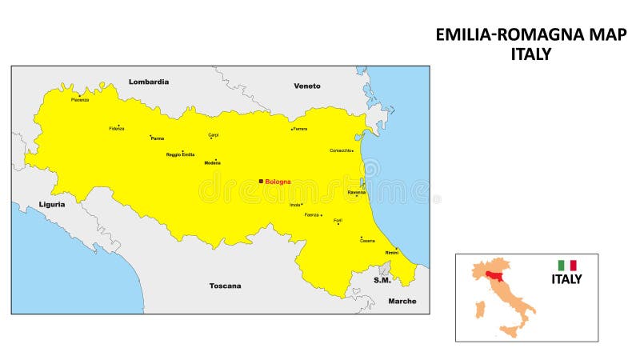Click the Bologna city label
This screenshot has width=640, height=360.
pos(278,182)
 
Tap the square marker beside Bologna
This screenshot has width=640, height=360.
pos(261,182)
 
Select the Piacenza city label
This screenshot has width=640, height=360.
pos(80,100)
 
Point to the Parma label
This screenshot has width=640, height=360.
pos(157,138)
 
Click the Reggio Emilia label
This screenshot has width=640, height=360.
pos(180,154)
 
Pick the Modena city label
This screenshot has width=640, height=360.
pos(212,163)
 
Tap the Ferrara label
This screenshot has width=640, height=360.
pos(300,129)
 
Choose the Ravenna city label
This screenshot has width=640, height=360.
pos(357,192)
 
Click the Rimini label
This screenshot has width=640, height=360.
pos(392,253)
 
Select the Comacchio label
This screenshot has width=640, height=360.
pos(340,150)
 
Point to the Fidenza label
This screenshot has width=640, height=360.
pos(117,129)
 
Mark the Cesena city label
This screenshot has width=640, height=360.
pos(367,241)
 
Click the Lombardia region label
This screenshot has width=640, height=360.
pos(149,82)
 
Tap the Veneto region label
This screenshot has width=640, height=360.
pos(307,86)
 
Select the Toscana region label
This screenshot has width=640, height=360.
pos(225,286)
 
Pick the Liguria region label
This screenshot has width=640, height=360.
pos(52,204)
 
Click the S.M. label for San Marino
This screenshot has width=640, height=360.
pos(382,280)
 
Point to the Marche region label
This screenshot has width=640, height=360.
pos(402,301)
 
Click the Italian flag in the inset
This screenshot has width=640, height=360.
pos(567,265)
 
